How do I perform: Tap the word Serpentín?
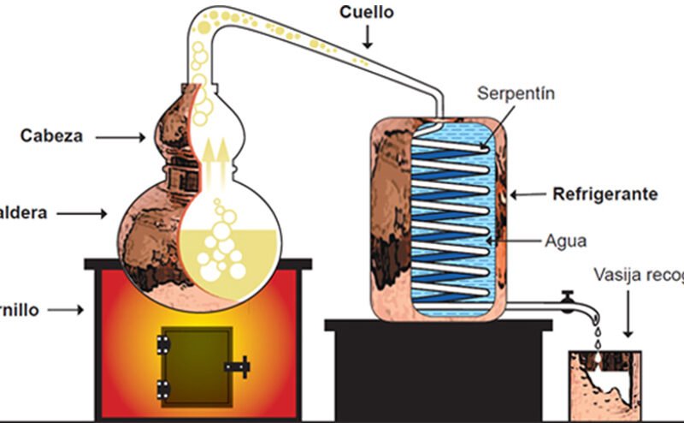click(x=516, y=93)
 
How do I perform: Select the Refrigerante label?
click(x=605, y=194)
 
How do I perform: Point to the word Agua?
click(x=565, y=241)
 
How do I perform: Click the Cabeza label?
click(x=51, y=135)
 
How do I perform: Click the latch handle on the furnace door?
click(x=238, y=366)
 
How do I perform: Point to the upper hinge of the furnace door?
click(x=162, y=345)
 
